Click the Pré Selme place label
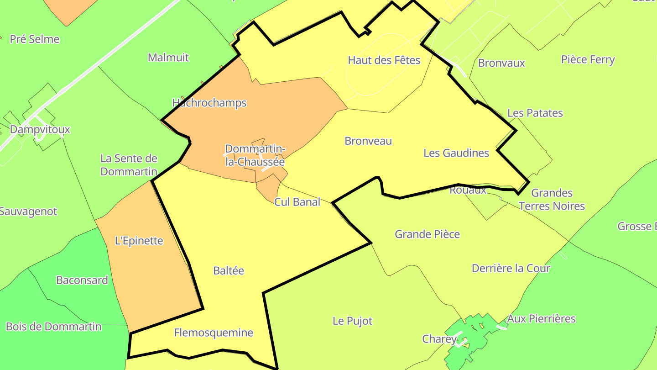click(35, 39)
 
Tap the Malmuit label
click(168, 58)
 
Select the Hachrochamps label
click(209, 103)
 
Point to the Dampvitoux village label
click(40, 129)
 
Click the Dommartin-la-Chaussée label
click(255, 155)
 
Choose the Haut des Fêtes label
click(384, 60)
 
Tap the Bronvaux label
click(501, 63)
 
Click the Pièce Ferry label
click(588, 60)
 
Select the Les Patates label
click(535, 113)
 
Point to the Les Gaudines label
click(456, 153)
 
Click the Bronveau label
click(368, 141)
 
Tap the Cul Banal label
click(297, 202)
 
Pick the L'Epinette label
click(139, 241)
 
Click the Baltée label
click(229, 271)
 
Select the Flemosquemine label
click(214, 333)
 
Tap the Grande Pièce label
click(427, 234)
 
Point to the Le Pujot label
click(352, 321)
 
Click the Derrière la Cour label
click(511, 269)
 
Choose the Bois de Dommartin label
click(53, 327)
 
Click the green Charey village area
click(474, 327)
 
